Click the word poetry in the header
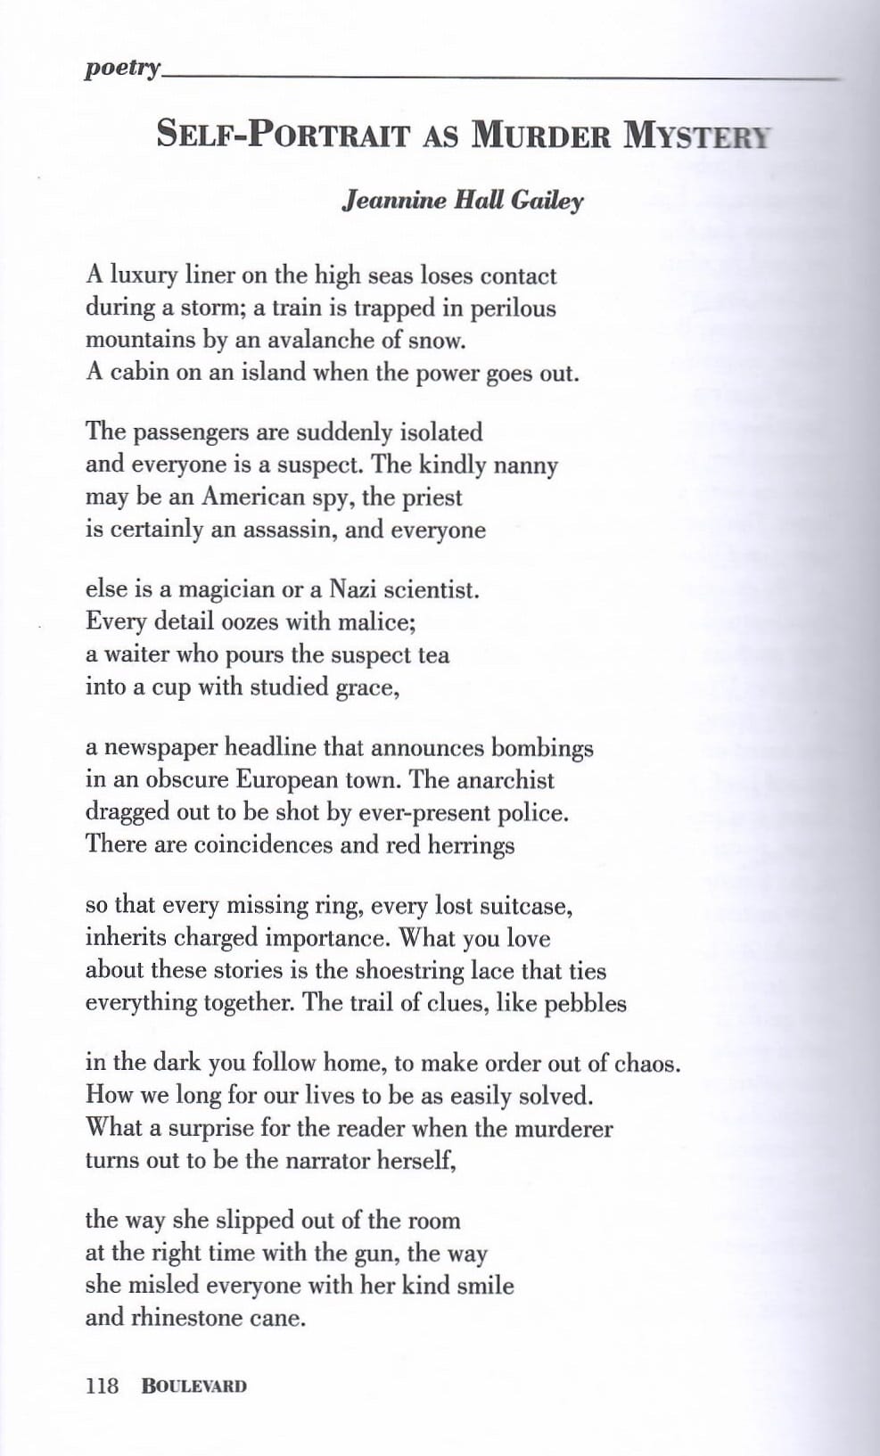[x=122, y=69]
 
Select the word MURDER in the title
[x=541, y=135]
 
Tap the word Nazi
[x=352, y=589]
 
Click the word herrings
[x=471, y=845]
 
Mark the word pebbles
[x=585, y=1004]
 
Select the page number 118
[x=102, y=1386]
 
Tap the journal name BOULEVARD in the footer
[x=193, y=1386]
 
